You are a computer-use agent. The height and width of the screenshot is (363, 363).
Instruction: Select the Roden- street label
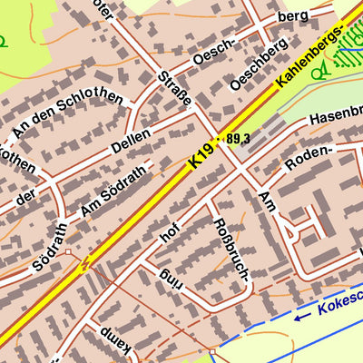[x=309, y=156]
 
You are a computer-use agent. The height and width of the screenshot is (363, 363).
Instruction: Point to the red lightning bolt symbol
[x=85, y=264]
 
